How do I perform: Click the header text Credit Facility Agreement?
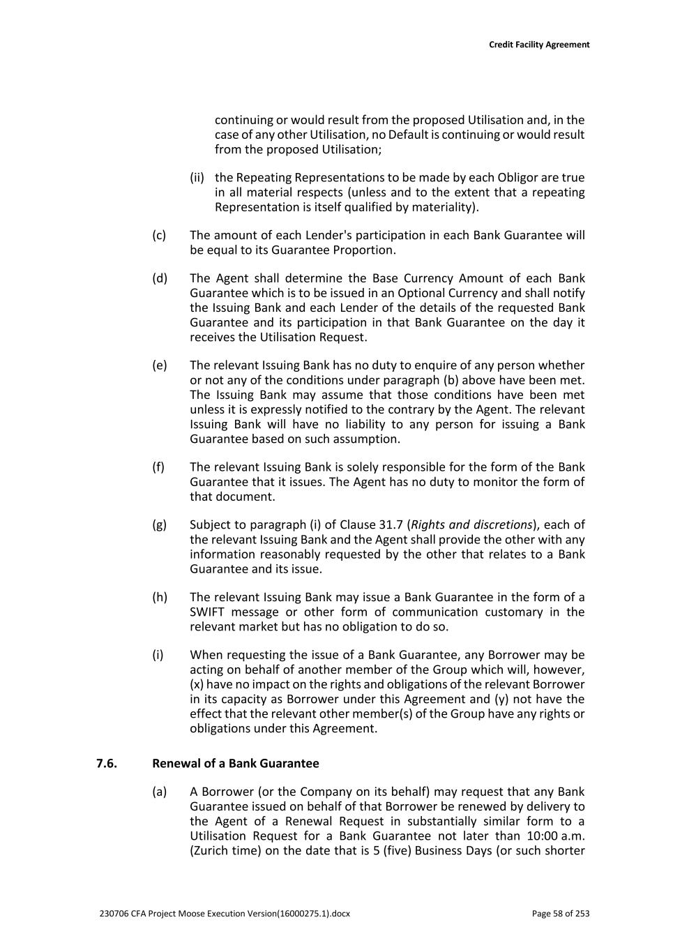click(538, 45)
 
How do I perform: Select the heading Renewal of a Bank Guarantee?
click(235, 763)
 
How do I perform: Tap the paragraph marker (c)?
click(159, 235)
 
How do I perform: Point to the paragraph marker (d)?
click(160, 278)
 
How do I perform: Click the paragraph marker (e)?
click(160, 365)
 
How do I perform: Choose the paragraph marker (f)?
click(158, 467)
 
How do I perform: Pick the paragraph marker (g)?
click(160, 524)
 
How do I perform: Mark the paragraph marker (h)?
click(160, 597)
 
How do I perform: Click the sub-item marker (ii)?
click(197, 178)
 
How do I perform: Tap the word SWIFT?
click(207, 612)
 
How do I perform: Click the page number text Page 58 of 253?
click(560, 914)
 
